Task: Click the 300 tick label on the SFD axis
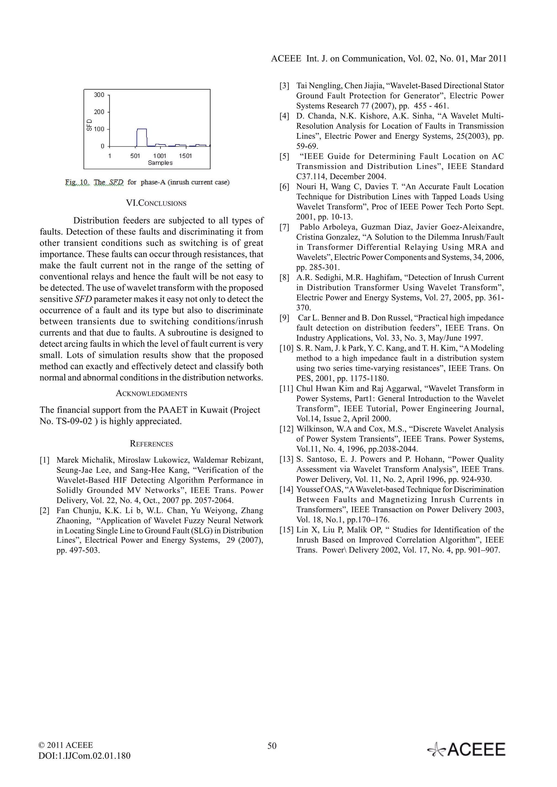(99, 95)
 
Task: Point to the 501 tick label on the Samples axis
(135, 156)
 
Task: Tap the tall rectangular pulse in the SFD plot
(142, 137)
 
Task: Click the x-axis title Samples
(160, 163)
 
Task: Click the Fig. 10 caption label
(77, 182)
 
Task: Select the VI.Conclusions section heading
(156, 203)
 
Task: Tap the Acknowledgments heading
(151, 393)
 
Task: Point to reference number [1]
(45, 460)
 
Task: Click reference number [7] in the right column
(284, 227)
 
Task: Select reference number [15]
(286, 530)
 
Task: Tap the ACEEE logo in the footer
(466, 750)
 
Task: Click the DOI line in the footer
(84, 756)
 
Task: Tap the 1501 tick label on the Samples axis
(185, 156)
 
